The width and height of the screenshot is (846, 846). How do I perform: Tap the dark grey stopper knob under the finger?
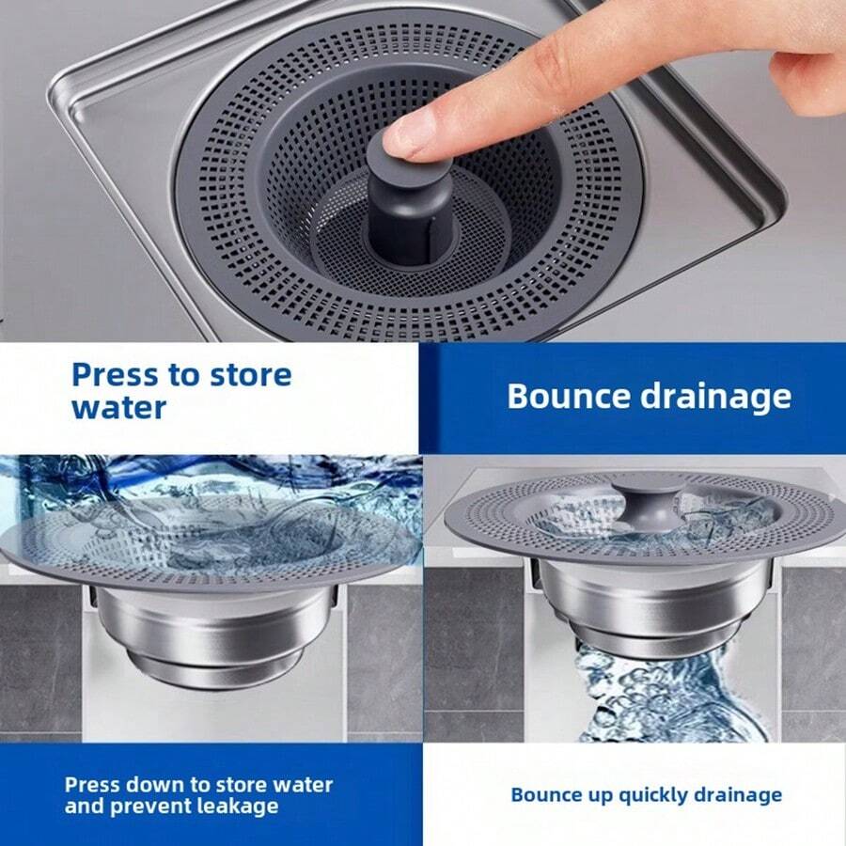399,202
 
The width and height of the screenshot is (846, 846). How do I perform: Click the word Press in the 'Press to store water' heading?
115,375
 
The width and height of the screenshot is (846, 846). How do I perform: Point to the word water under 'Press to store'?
119,408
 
